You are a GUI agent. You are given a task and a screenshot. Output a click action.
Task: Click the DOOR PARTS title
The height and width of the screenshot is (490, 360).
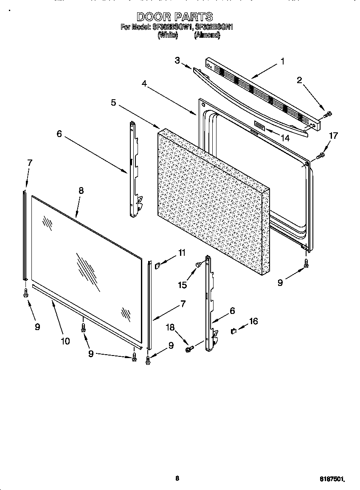174,17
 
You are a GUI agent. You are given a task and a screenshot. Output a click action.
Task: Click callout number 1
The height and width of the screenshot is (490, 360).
282,61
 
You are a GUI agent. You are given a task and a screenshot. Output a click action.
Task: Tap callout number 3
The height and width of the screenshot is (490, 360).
177,60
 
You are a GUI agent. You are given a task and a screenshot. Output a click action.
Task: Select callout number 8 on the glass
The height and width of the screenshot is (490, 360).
81,190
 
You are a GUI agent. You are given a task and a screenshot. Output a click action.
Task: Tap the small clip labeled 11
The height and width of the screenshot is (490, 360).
157,266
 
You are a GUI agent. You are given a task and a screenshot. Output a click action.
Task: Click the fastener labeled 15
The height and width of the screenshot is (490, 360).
198,266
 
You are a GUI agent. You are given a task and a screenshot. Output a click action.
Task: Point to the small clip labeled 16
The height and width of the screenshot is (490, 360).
233,330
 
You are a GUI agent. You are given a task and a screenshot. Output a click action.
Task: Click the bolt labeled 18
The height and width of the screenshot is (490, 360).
189,349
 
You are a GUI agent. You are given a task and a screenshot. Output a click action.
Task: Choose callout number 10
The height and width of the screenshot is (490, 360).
65,341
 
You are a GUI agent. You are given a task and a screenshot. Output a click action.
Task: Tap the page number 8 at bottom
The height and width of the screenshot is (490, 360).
177,478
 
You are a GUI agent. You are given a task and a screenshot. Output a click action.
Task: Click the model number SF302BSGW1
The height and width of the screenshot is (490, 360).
172,28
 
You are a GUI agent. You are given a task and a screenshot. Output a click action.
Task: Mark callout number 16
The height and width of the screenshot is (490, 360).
253,321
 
